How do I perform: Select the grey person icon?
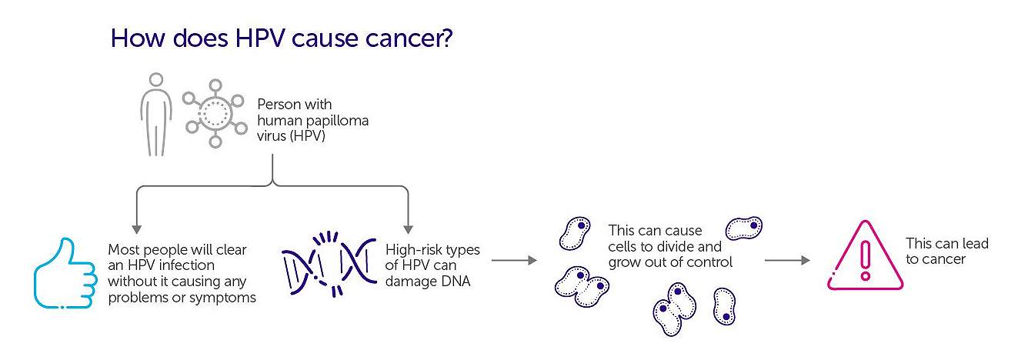pos(157,115)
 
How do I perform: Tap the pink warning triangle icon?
pos(865,258)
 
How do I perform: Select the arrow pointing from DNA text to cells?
pos(514,261)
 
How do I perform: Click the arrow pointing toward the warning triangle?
pos(787,261)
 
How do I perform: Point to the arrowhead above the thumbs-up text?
pos(138,228)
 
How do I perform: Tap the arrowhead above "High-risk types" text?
pos(408,228)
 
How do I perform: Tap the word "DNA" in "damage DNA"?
pos(454,282)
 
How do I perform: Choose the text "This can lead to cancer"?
pos(946,252)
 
